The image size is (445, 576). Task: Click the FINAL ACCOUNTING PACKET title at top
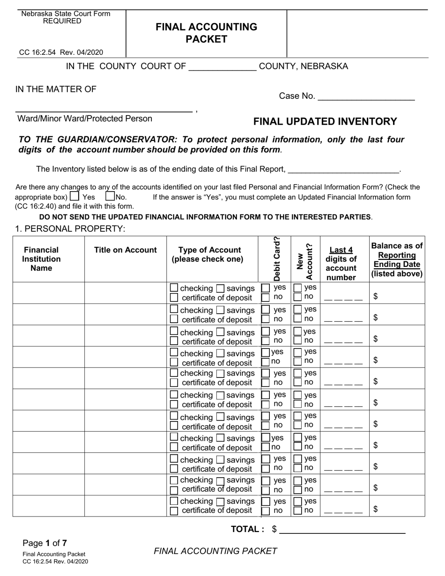tap(206, 33)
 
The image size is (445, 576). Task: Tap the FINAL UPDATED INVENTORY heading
tap(325, 122)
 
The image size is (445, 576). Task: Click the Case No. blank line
tap(366, 97)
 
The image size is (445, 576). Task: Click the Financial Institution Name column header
tap(41, 259)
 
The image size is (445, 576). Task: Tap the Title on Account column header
tap(126, 250)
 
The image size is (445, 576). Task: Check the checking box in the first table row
tap(174, 288)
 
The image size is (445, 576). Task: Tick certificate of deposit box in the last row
tap(174, 510)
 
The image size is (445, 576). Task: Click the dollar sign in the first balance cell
tap(376, 296)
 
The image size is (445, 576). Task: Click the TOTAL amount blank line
tap(342, 530)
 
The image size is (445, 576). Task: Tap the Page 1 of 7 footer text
tap(44, 543)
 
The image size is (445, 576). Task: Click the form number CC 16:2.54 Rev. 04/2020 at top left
tap(61, 52)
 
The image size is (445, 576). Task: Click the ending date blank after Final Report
tap(344, 170)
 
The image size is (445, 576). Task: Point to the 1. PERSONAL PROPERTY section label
tap(70, 229)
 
